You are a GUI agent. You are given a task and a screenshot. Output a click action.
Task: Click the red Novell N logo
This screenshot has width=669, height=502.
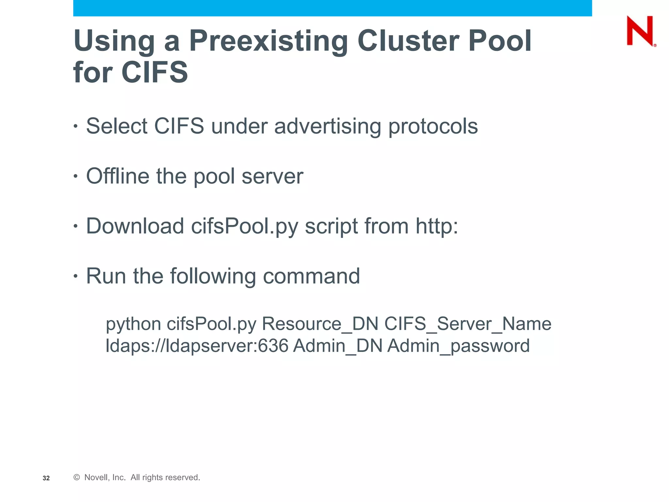[x=640, y=31]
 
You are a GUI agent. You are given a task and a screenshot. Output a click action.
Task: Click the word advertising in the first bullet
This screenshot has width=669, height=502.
[x=327, y=126]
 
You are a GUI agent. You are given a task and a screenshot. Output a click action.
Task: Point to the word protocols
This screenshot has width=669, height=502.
[x=433, y=127]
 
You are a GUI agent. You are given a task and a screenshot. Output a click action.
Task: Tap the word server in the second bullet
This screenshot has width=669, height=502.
[x=272, y=176]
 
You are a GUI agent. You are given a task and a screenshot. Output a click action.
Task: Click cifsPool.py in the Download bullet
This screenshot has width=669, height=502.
[x=244, y=226]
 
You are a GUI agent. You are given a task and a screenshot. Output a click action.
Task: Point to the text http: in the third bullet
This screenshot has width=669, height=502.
[x=437, y=226]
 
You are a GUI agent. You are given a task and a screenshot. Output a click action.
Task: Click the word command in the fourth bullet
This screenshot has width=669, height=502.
[x=311, y=276]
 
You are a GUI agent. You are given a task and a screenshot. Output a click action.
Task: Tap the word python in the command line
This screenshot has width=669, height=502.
[x=133, y=325]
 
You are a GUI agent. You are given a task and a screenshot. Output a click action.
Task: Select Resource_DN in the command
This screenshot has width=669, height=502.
[x=320, y=324]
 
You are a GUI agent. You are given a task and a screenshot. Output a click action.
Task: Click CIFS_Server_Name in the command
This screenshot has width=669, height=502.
[x=468, y=324]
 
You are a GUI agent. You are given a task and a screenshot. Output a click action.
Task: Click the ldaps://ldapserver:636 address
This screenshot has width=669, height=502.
[x=197, y=346]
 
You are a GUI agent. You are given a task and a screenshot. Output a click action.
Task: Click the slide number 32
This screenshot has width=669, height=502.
[x=46, y=478]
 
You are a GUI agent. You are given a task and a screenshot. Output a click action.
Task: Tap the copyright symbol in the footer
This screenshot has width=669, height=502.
[x=77, y=477]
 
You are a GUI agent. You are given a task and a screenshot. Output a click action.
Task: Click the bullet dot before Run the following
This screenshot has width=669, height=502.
[x=76, y=276]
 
